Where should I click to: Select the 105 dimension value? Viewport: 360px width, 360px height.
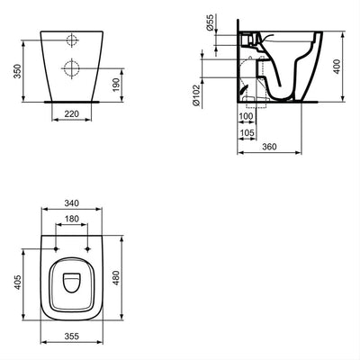[246, 133]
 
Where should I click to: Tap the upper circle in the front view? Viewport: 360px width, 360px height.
[71, 40]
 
